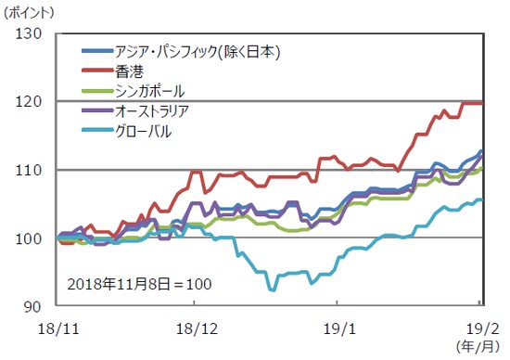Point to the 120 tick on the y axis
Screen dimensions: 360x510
coord(31,102)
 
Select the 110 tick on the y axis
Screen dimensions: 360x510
coord(31,171)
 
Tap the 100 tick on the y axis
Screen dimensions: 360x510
coord(31,238)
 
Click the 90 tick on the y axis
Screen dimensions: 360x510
coord(36,307)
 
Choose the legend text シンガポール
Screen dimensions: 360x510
coord(147,91)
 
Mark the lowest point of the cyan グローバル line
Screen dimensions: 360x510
coord(273,289)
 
